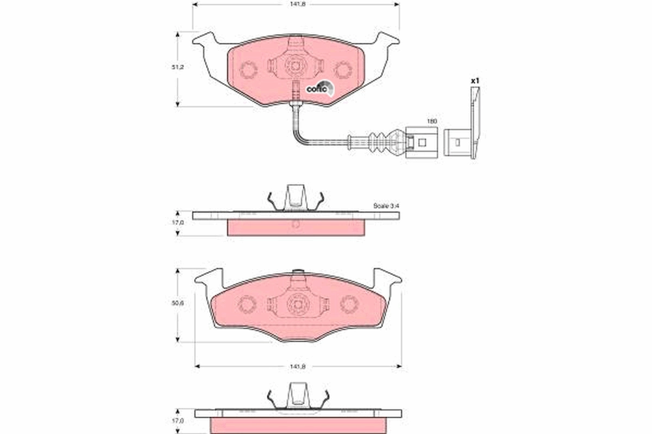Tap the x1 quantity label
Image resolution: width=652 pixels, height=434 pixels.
pyautogui.click(x=475, y=81)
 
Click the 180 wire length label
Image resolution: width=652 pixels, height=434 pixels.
pyautogui.click(x=431, y=122)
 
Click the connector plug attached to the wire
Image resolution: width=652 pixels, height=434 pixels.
pyautogui.click(x=418, y=142)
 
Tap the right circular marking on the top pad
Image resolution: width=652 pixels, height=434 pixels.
pyautogui.click(x=343, y=69)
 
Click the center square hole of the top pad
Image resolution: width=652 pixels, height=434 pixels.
pyautogui.click(x=296, y=67)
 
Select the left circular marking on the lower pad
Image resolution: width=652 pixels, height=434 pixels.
pyautogui.click(x=248, y=304)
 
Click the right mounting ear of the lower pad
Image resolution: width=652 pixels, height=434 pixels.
pyautogui.click(x=386, y=279)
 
